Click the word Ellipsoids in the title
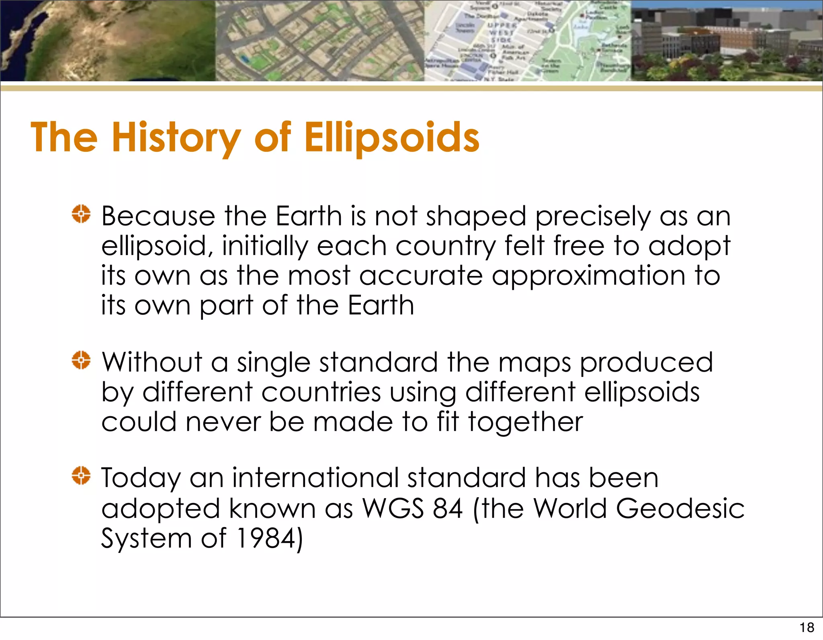click(392, 137)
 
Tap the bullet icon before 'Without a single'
click(81, 360)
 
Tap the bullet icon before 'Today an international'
click(81, 476)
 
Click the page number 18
click(807, 627)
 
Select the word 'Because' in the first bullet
click(158, 216)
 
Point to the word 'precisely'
click(592, 217)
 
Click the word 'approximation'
click(588, 276)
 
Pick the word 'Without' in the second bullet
click(152, 362)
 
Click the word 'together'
click(525, 422)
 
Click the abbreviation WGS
click(393, 508)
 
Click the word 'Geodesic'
click(680, 508)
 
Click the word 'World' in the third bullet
click(570, 508)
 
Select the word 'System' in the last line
click(146, 538)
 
